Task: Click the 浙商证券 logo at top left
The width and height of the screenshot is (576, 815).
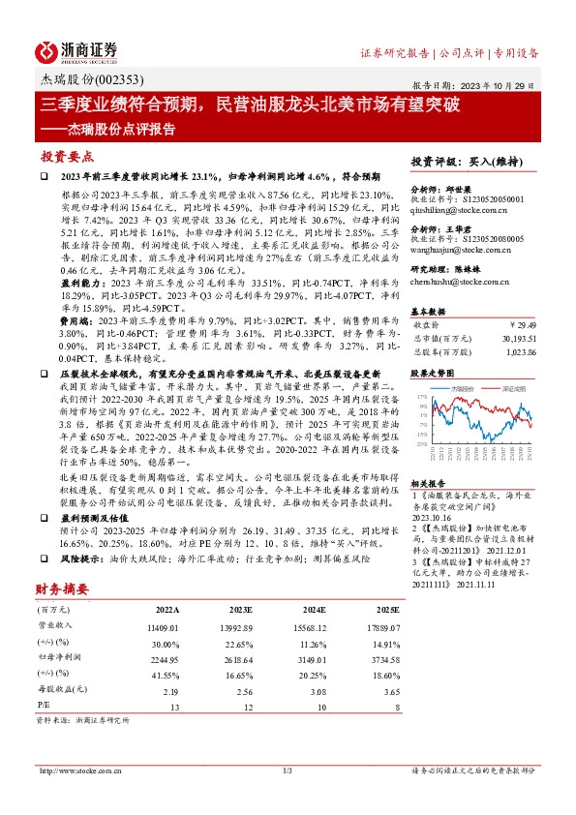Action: coord(76,51)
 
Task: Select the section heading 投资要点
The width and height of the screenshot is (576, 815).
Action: coord(67,155)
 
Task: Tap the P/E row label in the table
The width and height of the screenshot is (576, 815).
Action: coord(44,707)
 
